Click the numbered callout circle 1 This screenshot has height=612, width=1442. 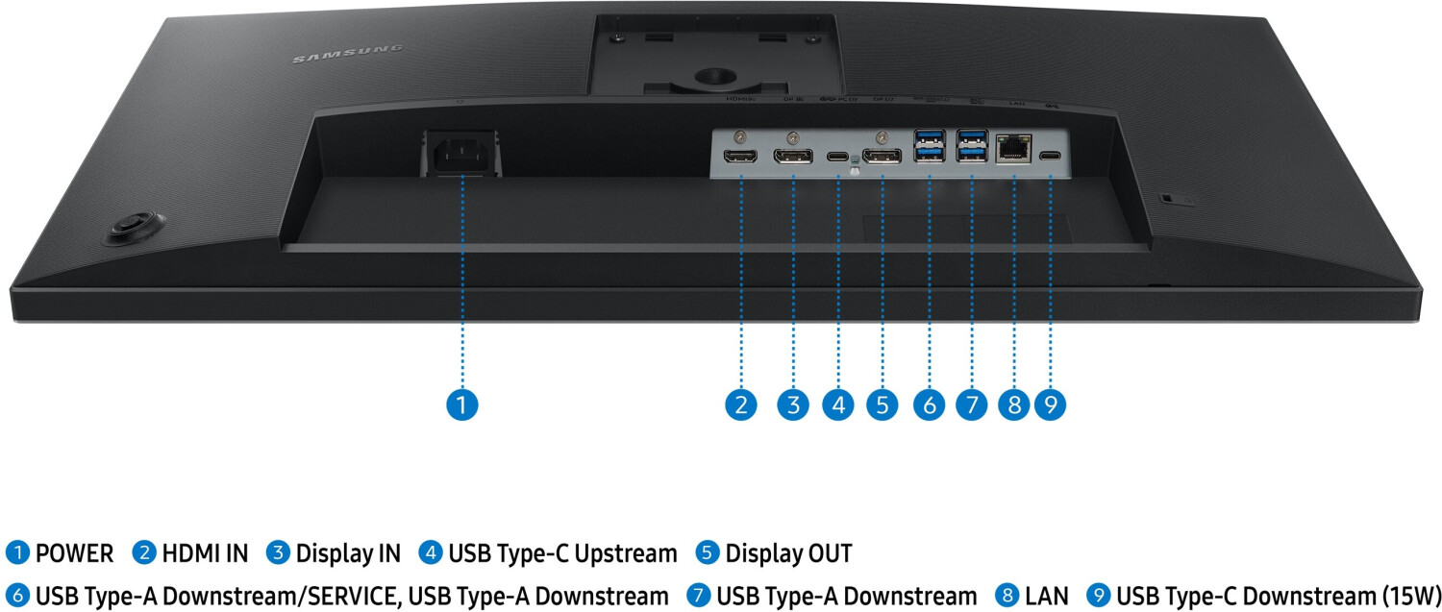(462, 404)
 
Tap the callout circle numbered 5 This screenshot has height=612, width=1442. (882, 404)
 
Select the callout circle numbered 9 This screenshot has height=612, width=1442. (1050, 404)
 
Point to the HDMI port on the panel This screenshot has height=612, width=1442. (741, 157)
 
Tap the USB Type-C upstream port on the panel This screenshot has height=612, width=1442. (838, 156)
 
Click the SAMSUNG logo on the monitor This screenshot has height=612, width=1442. (348, 55)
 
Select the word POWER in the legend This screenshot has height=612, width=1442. (74, 553)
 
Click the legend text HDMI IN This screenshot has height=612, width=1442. (204, 553)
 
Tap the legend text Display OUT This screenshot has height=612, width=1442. (788, 553)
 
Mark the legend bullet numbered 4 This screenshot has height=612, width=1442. (431, 553)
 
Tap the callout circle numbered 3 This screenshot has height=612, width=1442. (793, 404)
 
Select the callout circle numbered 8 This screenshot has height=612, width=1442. (1013, 404)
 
